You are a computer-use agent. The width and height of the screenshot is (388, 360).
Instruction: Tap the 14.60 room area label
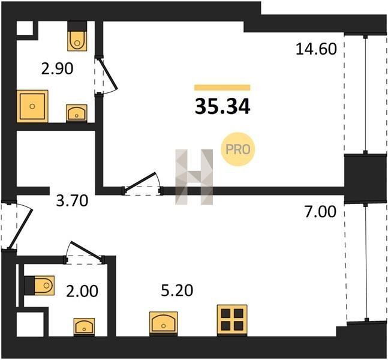point(316,49)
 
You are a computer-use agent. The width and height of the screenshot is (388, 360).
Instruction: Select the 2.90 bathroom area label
point(57,68)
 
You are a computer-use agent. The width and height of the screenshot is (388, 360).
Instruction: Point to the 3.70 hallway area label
point(72,200)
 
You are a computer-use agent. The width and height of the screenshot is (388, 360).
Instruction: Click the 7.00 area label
point(320,212)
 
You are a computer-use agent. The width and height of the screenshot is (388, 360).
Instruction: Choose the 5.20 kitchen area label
point(177,290)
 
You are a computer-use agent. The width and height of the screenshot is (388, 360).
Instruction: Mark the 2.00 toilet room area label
point(82,291)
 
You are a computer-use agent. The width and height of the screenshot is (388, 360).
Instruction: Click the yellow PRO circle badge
point(237,149)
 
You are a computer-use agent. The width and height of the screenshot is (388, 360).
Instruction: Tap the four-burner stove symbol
point(232,320)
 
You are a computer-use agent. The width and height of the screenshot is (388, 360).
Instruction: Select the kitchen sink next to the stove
point(164,323)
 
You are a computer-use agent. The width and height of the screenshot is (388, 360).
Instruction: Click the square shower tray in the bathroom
point(32,106)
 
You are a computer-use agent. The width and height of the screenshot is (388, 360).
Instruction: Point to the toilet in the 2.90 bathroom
point(77,36)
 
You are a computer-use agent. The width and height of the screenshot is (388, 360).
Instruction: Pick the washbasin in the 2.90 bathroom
point(77,113)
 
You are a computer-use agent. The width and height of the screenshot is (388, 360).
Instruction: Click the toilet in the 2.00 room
point(40,285)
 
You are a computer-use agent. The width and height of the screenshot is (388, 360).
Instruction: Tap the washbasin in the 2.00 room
point(84,326)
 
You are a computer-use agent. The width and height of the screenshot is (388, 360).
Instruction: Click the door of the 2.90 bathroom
point(107,76)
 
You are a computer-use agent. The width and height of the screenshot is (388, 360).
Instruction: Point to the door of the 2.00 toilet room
point(85,252)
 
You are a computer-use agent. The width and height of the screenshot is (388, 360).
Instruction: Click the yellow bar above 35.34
point(222,88)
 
